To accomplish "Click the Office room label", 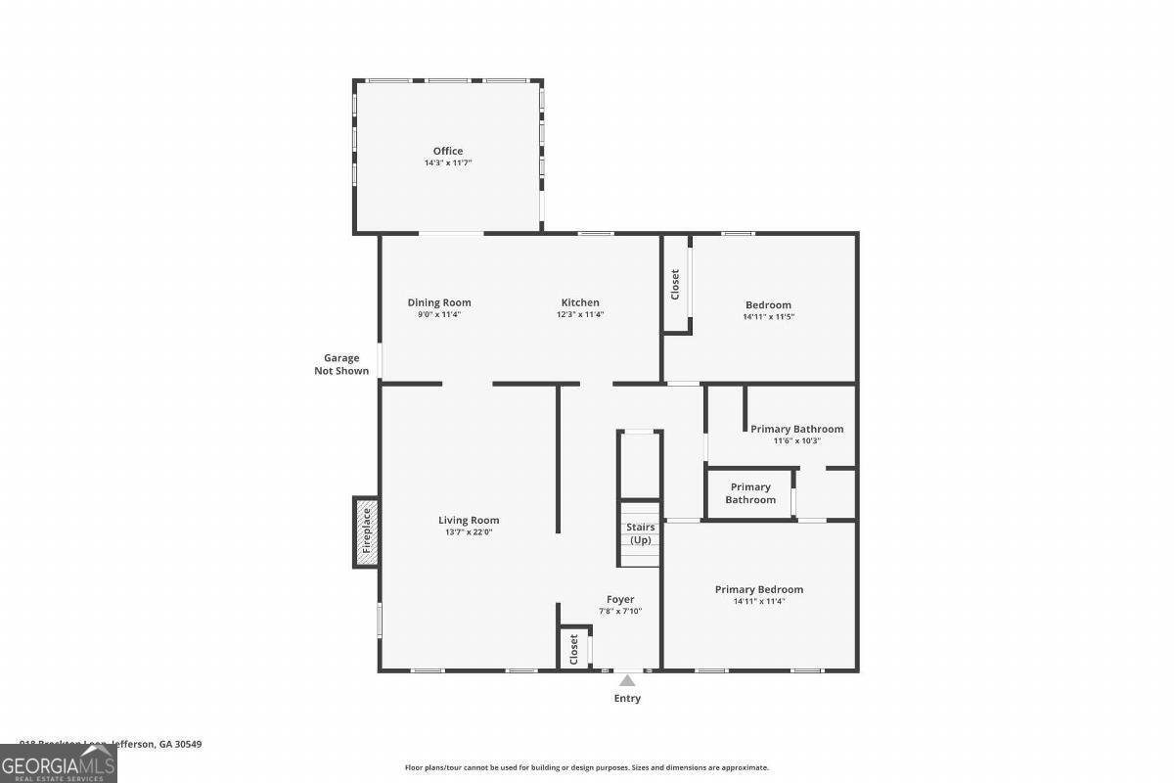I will (448, 151).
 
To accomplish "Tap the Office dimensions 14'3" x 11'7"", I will (448, 162).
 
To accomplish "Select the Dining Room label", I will (439, 302).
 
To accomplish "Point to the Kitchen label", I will (580, 302).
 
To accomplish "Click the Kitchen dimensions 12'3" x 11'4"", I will (580, 314).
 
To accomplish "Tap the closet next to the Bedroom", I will (675, 285).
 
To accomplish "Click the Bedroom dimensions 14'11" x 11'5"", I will (768, 316).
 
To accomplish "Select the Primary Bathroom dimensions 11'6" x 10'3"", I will (796, 440).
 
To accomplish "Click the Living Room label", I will (469, 521).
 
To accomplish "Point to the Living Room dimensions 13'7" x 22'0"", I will (469, 532).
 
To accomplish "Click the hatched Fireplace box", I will (367, 530).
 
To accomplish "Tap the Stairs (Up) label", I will (640, 533).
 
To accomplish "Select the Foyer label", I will (620, 599).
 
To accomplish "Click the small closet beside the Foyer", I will (574, 648).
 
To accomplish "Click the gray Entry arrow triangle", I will (627, 680).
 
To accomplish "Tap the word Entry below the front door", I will (627, 698).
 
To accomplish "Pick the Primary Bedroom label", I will (759, 589).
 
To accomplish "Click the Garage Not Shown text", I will (341, 364).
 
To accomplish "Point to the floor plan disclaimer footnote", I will (587, 767).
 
